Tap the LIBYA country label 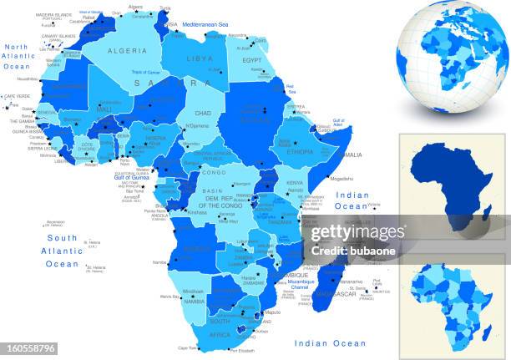point(200,58)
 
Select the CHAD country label point(202,112)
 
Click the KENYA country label point(294,182)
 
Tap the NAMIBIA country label point(194,300)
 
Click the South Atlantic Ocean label point(62,251)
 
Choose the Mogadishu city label point(342,178)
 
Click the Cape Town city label point(187,348)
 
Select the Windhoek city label point(194,291)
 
